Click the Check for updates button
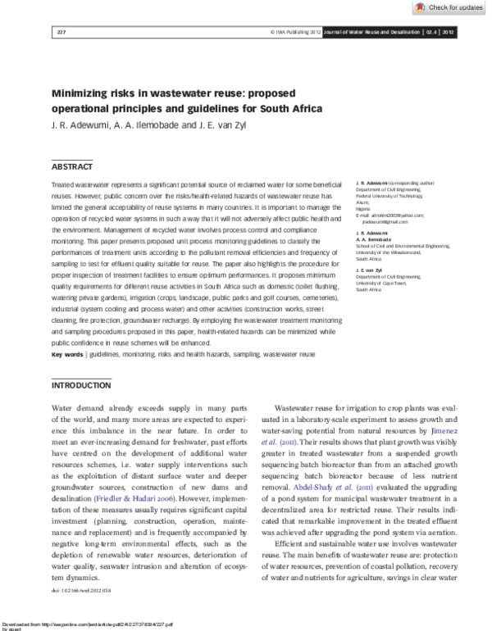point(450,7)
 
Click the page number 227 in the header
point(61,33)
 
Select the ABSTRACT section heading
point(73,166)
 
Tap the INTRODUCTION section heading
point(81,385)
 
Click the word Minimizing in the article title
point(80,93)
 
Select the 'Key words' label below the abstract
point(67,354)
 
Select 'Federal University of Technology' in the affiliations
point(389,197)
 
